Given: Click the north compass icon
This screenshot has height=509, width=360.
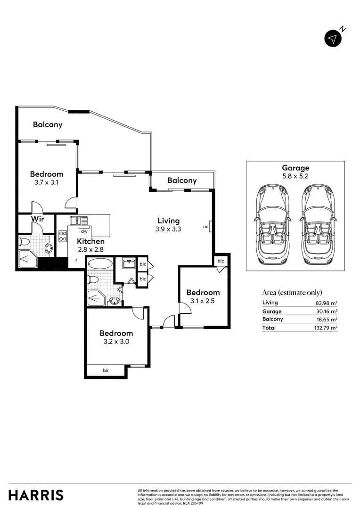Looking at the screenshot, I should pos(333,39).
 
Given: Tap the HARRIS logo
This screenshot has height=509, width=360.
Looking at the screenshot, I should pos(36,495).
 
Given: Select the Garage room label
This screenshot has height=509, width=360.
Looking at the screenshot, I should pos(295,168).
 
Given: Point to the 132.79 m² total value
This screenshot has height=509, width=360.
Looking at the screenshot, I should pos(327,328).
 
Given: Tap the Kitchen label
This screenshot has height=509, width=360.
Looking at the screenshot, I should pos(90,241).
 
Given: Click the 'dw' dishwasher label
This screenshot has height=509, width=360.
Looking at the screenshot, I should pos(84,231).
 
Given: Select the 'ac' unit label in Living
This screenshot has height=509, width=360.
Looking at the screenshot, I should pos(205,227).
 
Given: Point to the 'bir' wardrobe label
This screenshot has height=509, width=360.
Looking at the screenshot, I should pos(106,371).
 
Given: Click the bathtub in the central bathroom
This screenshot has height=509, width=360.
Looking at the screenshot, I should pos(99,263).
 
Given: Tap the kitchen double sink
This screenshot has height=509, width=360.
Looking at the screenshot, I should pos(79,220).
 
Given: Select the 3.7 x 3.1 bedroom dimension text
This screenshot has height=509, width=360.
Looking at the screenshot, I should pos(47,182).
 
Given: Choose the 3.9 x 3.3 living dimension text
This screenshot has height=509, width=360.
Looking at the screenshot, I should pos(168,229).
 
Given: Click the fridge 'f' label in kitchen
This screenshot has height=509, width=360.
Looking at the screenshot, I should pos(76,260).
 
